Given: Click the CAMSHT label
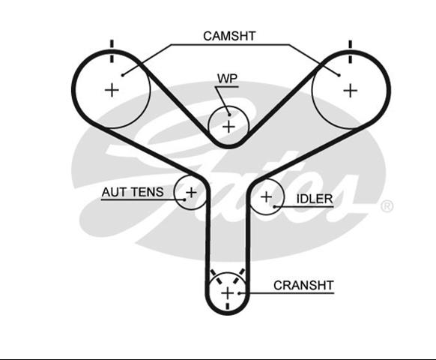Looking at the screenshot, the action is point(229,36).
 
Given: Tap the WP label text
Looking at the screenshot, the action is point(228,79).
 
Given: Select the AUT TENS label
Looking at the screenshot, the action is point(133,192).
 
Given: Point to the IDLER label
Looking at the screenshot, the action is point(315,199).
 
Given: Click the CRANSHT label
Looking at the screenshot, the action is point(303,286).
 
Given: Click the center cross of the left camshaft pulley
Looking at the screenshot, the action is point(112,90).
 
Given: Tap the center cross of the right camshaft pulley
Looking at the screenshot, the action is point(351,91).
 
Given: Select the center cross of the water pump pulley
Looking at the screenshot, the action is point(228,127).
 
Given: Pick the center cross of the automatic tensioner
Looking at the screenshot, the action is point(191,193).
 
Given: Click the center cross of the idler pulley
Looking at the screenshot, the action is point(267,196).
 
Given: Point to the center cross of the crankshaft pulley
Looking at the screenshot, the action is point(228,293).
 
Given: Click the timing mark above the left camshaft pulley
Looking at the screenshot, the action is point(112,51).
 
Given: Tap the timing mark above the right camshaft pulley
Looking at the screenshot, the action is point(351,52).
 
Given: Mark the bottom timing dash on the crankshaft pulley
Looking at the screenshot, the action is point(228,306).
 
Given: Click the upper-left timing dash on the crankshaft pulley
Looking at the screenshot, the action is point(216,277).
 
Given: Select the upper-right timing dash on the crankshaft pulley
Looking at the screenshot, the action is point(240,276).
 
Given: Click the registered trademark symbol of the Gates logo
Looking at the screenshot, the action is point(387,206).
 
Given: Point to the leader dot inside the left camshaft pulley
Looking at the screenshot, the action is point(123,75).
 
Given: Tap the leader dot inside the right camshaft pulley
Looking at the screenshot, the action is point(339,75).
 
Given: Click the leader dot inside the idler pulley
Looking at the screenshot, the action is point(274,206).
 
